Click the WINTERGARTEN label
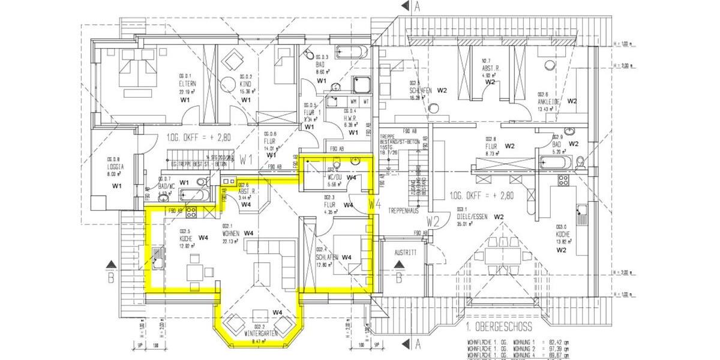pyautogui.click(x=261, y=332)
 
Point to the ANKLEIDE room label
pyautogui.click(x=548, y=101)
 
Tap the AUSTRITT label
pyautogui.click(x=405, y=253)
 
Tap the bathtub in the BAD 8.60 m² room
pyautogui.click(x=352, y=50)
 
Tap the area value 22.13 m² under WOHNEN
pyautogui.click(x=231, y=241)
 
